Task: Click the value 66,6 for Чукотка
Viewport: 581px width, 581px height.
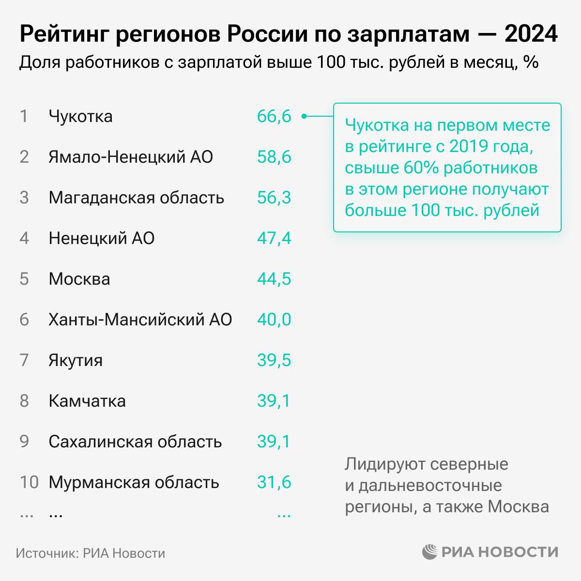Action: [x=274, y=117]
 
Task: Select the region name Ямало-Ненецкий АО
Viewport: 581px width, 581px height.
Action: [x=131, y=157]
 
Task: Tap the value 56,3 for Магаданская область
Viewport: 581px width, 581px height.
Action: [x=274, y=198]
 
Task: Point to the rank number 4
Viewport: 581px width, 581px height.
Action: [x=24, y=239]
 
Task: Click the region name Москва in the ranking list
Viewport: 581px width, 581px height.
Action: [x=79, y=279]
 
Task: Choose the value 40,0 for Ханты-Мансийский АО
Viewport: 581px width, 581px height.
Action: [x=274, y=320]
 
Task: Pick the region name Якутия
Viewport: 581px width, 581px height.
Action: [x=76, y=361]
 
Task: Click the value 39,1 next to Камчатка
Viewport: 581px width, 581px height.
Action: [x=274, y=401]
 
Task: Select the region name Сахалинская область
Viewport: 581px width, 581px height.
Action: [x=135, y=442]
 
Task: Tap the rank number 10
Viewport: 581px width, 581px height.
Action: [x=29, y=483]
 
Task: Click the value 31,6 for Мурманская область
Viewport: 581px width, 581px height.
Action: [x=274, y=483]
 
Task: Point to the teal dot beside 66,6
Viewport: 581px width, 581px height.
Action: [x=304, y=116]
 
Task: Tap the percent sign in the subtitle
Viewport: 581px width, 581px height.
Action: [x=531, y=63]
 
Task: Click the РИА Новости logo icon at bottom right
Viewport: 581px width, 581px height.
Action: [x=430, y=552]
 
